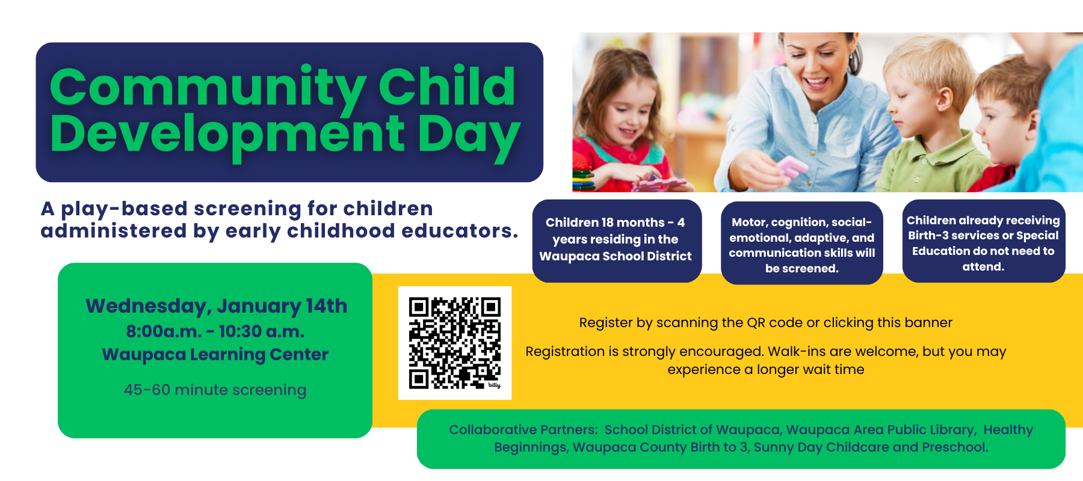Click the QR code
coord(455,343)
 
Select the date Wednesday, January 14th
coord(216,306)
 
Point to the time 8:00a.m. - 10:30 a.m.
coord(215,331)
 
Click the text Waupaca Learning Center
coord(215,354)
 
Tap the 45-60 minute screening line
coord(215,390)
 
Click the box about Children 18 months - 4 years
coord(616,240)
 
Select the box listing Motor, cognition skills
coord(801,244)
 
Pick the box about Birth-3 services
coord(983,242)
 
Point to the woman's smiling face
coord(818,66)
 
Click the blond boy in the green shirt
coord(927,120)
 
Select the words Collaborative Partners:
coord(523,430)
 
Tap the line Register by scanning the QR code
coord(765,323)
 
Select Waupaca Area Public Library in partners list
coord(880,430)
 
